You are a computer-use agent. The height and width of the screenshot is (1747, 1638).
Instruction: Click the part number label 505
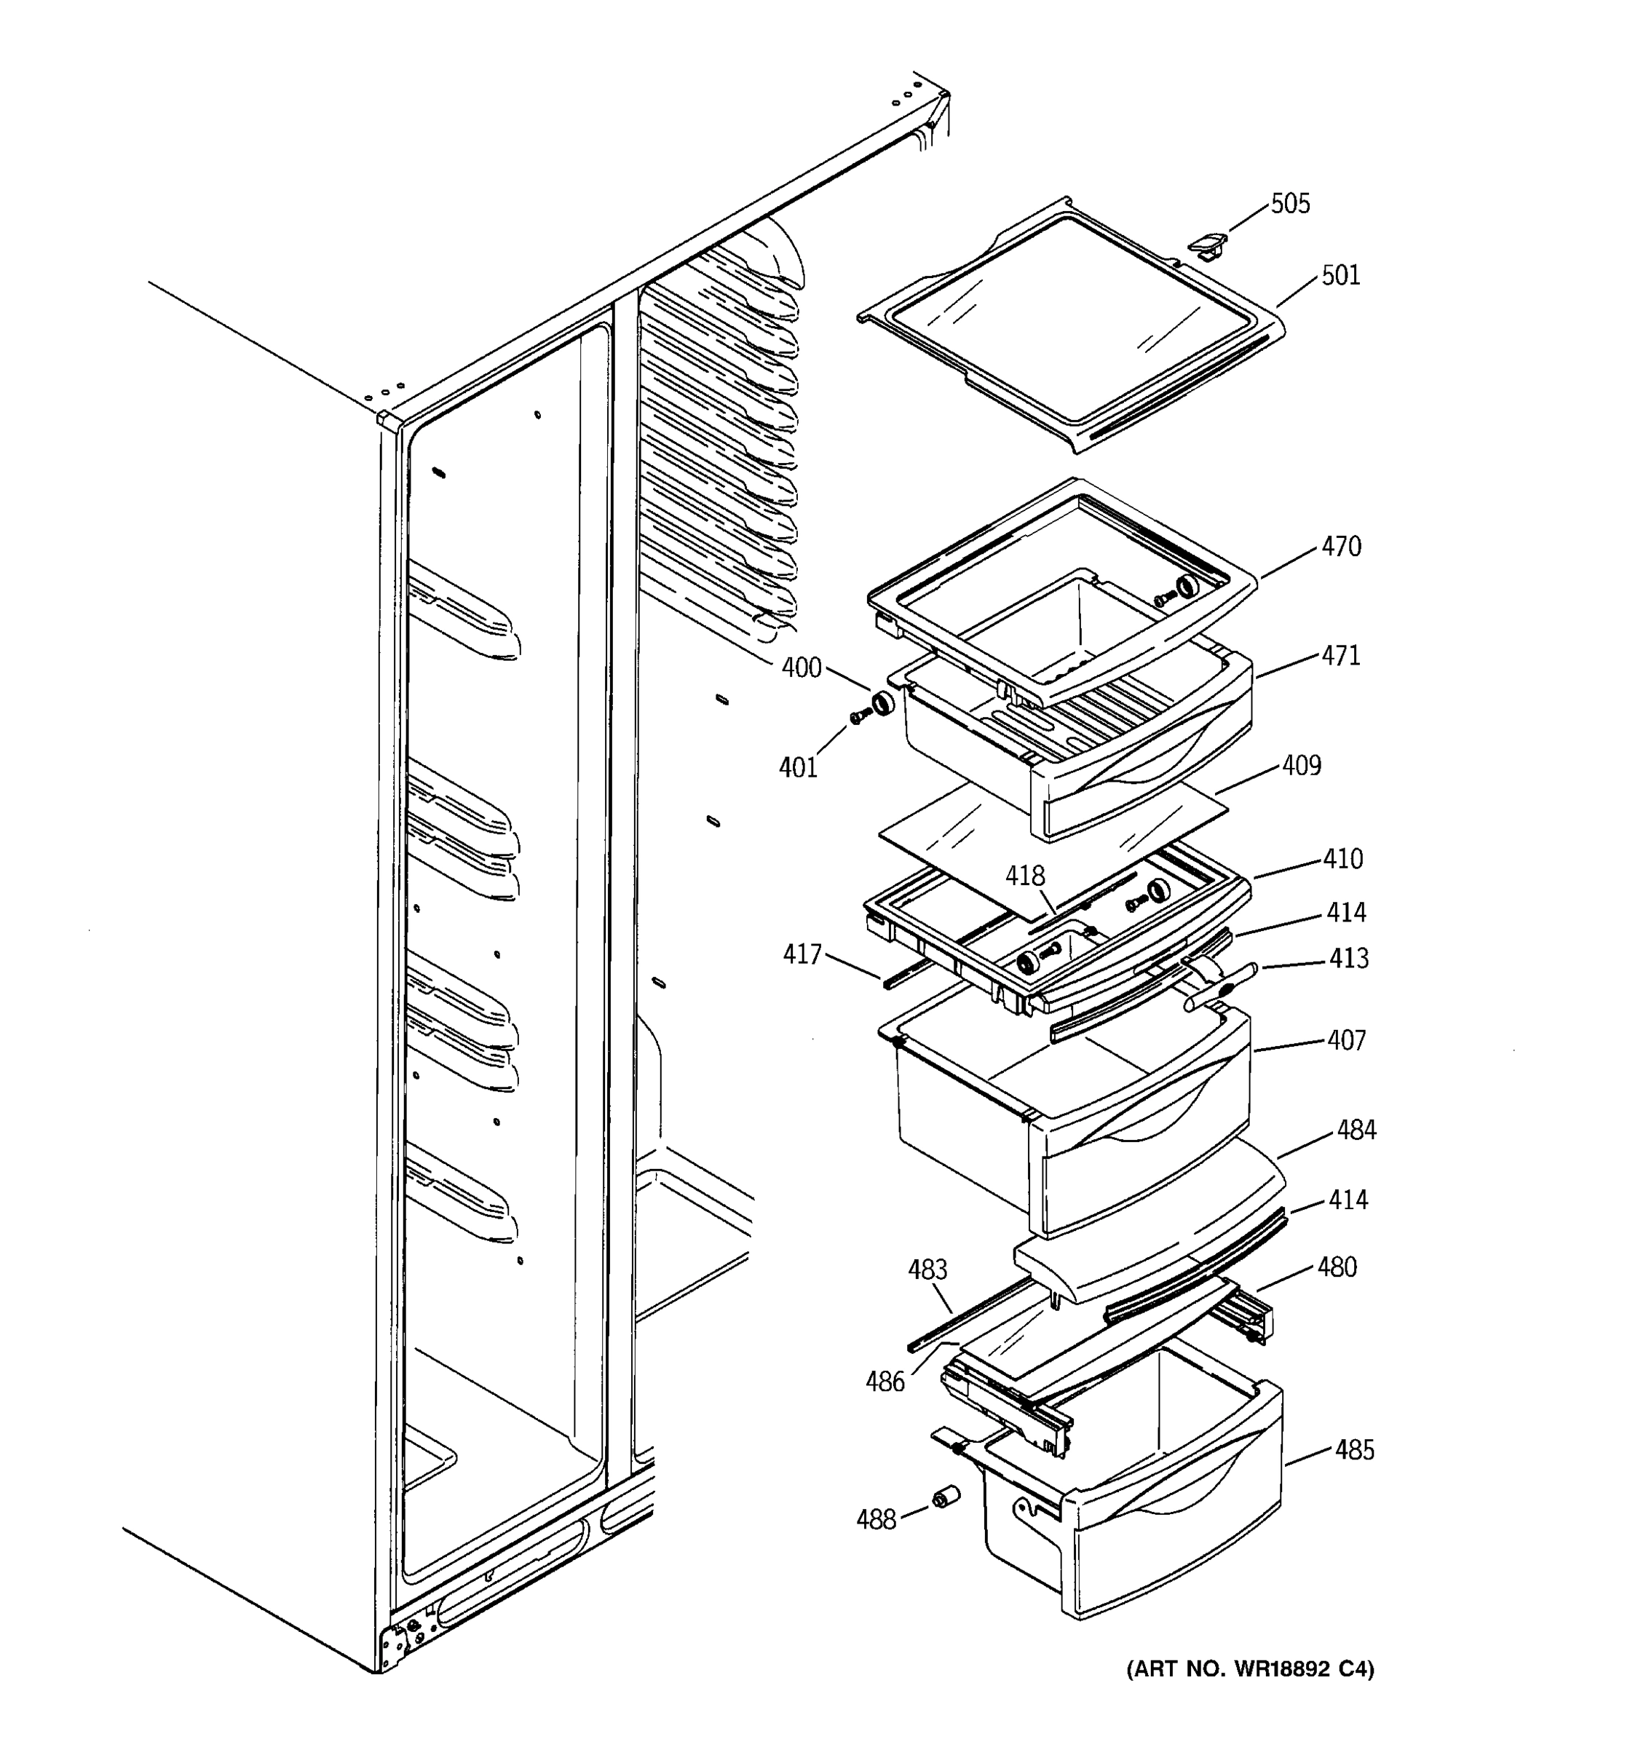coord(1289,204)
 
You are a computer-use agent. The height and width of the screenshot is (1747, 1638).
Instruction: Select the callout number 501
coord(1340,276)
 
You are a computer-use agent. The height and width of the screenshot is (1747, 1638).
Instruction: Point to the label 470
coord(1341,547)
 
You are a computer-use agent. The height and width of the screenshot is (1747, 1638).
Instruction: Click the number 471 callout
coord(1340,656)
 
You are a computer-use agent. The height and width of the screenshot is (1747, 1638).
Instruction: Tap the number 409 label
coord(1300,766)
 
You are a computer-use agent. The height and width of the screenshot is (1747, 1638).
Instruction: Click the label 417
coord(802,954)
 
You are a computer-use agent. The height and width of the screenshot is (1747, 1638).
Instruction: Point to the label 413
coord(1348,958)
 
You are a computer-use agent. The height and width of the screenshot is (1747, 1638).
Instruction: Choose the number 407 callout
coord(1346,1040)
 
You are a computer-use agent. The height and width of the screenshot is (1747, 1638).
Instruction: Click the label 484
coord(1356,1130)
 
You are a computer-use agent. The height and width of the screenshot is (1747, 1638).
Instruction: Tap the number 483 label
coord(927,1269)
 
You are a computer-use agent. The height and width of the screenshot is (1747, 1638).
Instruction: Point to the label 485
coord(1354,1450)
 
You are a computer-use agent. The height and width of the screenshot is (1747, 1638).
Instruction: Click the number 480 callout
coord(1337,1267)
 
